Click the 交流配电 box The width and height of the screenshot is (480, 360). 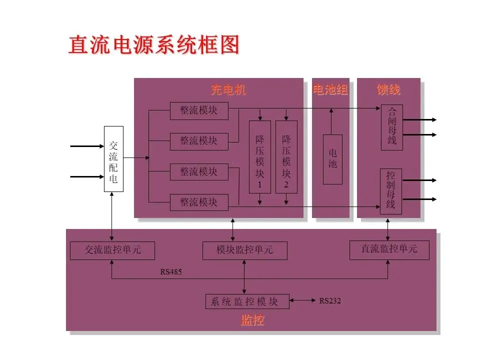pos(113,159)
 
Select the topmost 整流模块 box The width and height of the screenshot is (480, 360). pos(199,110)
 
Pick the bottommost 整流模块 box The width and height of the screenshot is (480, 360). pos(199,202)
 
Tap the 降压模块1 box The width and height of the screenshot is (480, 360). pos(260,157)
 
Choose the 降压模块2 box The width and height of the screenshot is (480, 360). pos(286,157)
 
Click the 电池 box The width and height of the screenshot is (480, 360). pos(332,159)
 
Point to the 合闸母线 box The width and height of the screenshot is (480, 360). pos(392,127)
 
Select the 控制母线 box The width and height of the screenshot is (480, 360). pos(391,191)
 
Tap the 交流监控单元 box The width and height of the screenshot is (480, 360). pos(112,250)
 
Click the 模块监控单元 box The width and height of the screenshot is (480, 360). pos(245,250)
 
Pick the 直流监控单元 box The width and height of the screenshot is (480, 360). pos(389,249)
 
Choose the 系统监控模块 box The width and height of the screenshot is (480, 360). pos(247,301)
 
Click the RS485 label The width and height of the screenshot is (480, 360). pos(171,272)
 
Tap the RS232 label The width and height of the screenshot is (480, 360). pos(330,301)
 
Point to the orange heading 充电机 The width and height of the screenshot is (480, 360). pos(228,90)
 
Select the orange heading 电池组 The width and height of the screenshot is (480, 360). pos(330,90)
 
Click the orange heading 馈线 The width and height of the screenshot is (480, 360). pos(388,90)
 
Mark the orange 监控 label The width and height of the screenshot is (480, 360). pos(252,320)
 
